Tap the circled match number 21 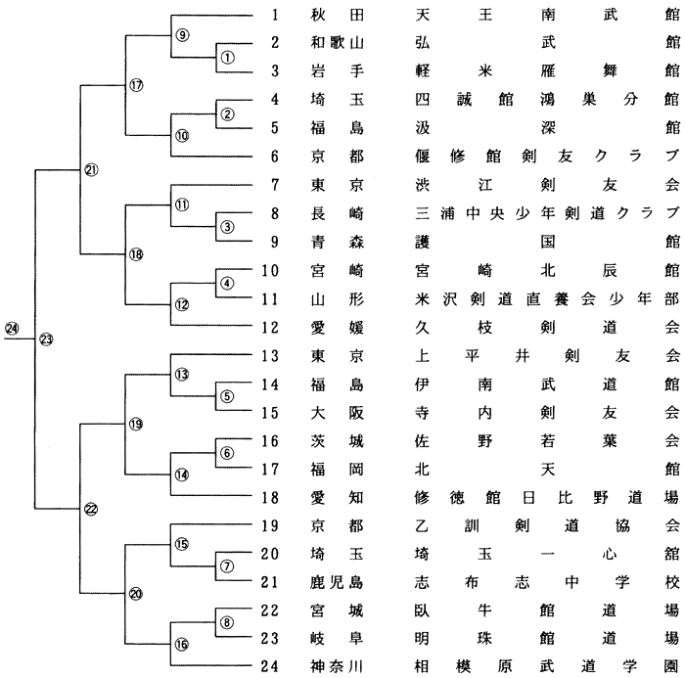point(91,170)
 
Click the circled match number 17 point(136,85)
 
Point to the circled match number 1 point(227,57)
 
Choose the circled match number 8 point(227,622)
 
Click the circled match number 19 point(136,424)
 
